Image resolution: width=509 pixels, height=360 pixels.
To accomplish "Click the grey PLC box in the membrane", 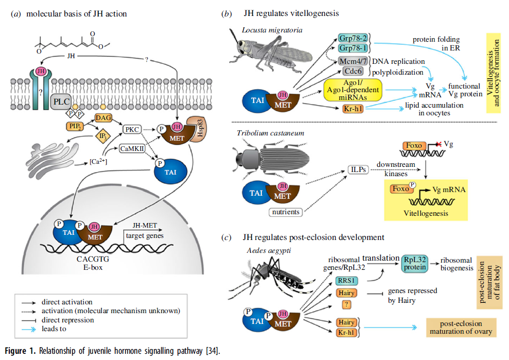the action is click(61, 101).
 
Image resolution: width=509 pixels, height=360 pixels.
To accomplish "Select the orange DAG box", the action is click(103, 117).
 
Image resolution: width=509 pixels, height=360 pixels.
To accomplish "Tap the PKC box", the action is click(132, 129).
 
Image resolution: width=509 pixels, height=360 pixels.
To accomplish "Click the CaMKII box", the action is click(132, 148).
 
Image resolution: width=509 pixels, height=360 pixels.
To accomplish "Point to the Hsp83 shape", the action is click(197, 129).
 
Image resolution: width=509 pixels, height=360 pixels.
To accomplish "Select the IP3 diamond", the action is click(102, 136).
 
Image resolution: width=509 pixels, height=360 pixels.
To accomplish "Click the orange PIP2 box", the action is click(75, 126).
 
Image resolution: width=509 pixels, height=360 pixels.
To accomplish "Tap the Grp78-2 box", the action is click(353, 38).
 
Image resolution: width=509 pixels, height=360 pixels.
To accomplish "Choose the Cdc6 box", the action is click(353, 71).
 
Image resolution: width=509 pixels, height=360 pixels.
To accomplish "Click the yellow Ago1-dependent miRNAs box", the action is click(353, 90).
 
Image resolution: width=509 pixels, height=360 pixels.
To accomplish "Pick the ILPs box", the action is click(358, 169).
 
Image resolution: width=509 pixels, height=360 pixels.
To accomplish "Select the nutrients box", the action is click(286, 212).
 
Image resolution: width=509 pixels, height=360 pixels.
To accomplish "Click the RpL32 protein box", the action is click(415, 264).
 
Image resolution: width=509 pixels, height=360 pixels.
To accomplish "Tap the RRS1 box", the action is click(346, 281).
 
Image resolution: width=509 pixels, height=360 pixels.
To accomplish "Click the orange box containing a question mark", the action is click(346, 304).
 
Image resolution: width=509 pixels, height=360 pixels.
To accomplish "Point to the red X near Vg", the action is click(439, 144).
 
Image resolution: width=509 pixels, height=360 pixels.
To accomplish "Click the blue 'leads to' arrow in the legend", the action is click(29, 329).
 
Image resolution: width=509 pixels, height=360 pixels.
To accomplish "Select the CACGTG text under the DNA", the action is click(93, 259).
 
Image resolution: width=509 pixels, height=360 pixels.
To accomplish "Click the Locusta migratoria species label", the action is click(272, 30).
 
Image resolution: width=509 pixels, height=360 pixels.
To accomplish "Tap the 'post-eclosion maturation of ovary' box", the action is click(461, 328).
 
